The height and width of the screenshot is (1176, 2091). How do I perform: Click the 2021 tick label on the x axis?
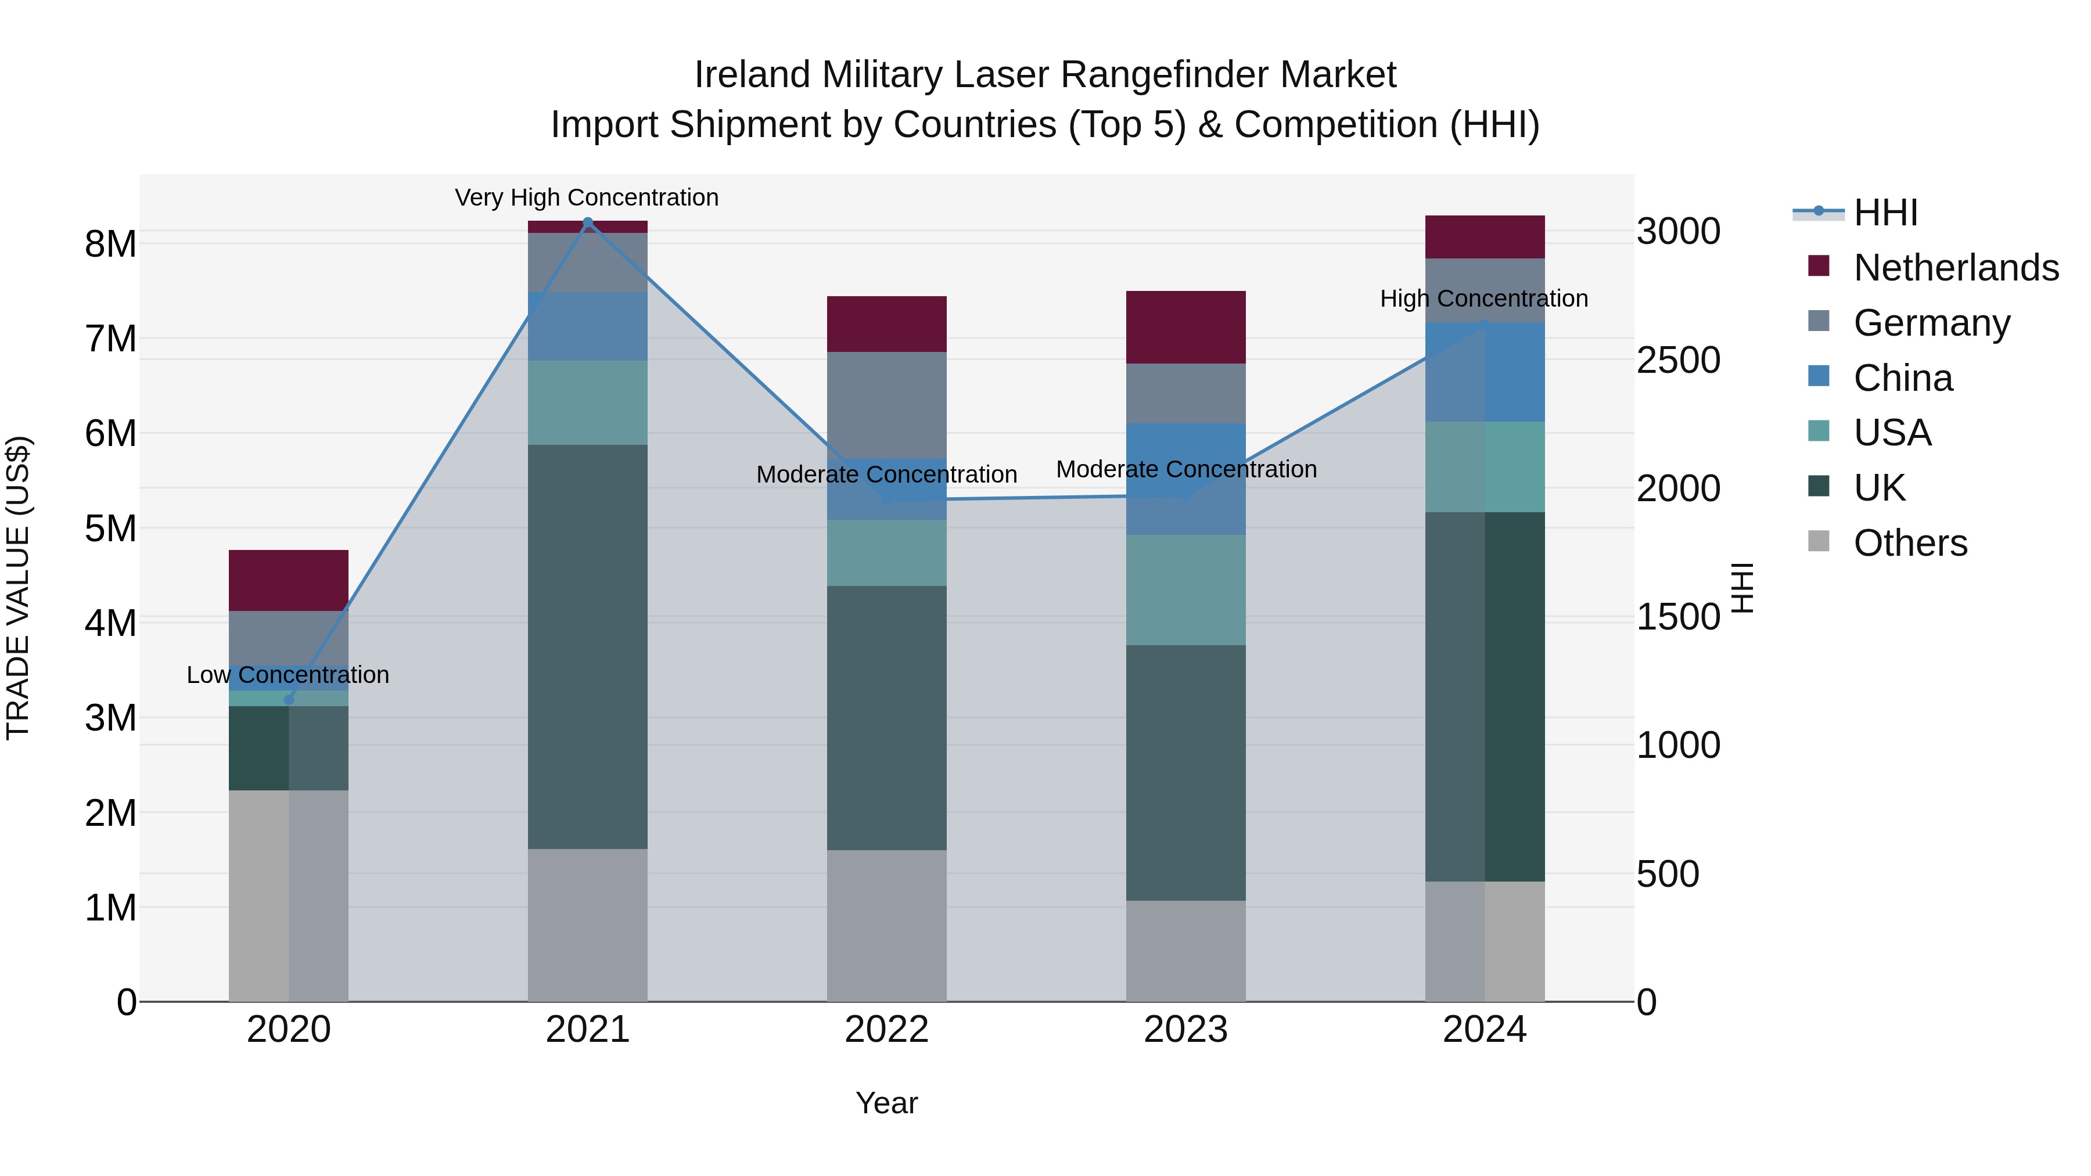pyautogui.click(x=588, y=1030)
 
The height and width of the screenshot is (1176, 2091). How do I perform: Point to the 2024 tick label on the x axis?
pyautogui.click(x=1485, y=1030)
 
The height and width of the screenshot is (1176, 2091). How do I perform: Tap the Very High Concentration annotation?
pyautogui.click(x=587, y=198)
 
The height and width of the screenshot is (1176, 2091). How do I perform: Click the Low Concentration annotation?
pyautogui.click(x=288, y=675)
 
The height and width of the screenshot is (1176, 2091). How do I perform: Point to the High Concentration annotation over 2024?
pyautogui.click(x=1484, y=299)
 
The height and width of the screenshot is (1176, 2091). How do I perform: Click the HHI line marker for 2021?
pyautogui.click(x=588, y=222)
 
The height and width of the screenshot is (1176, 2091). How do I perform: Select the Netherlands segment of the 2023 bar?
pyautogui.click(x=1186, y=327)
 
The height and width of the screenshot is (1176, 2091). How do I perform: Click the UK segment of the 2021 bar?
pyautogui.click(x=588, y=647)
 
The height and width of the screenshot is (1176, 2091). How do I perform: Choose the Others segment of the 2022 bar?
pyautogui.click(x=886, y=925)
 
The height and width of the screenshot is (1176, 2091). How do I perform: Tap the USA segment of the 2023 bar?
pyautogui.click(x=1186, y=590)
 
